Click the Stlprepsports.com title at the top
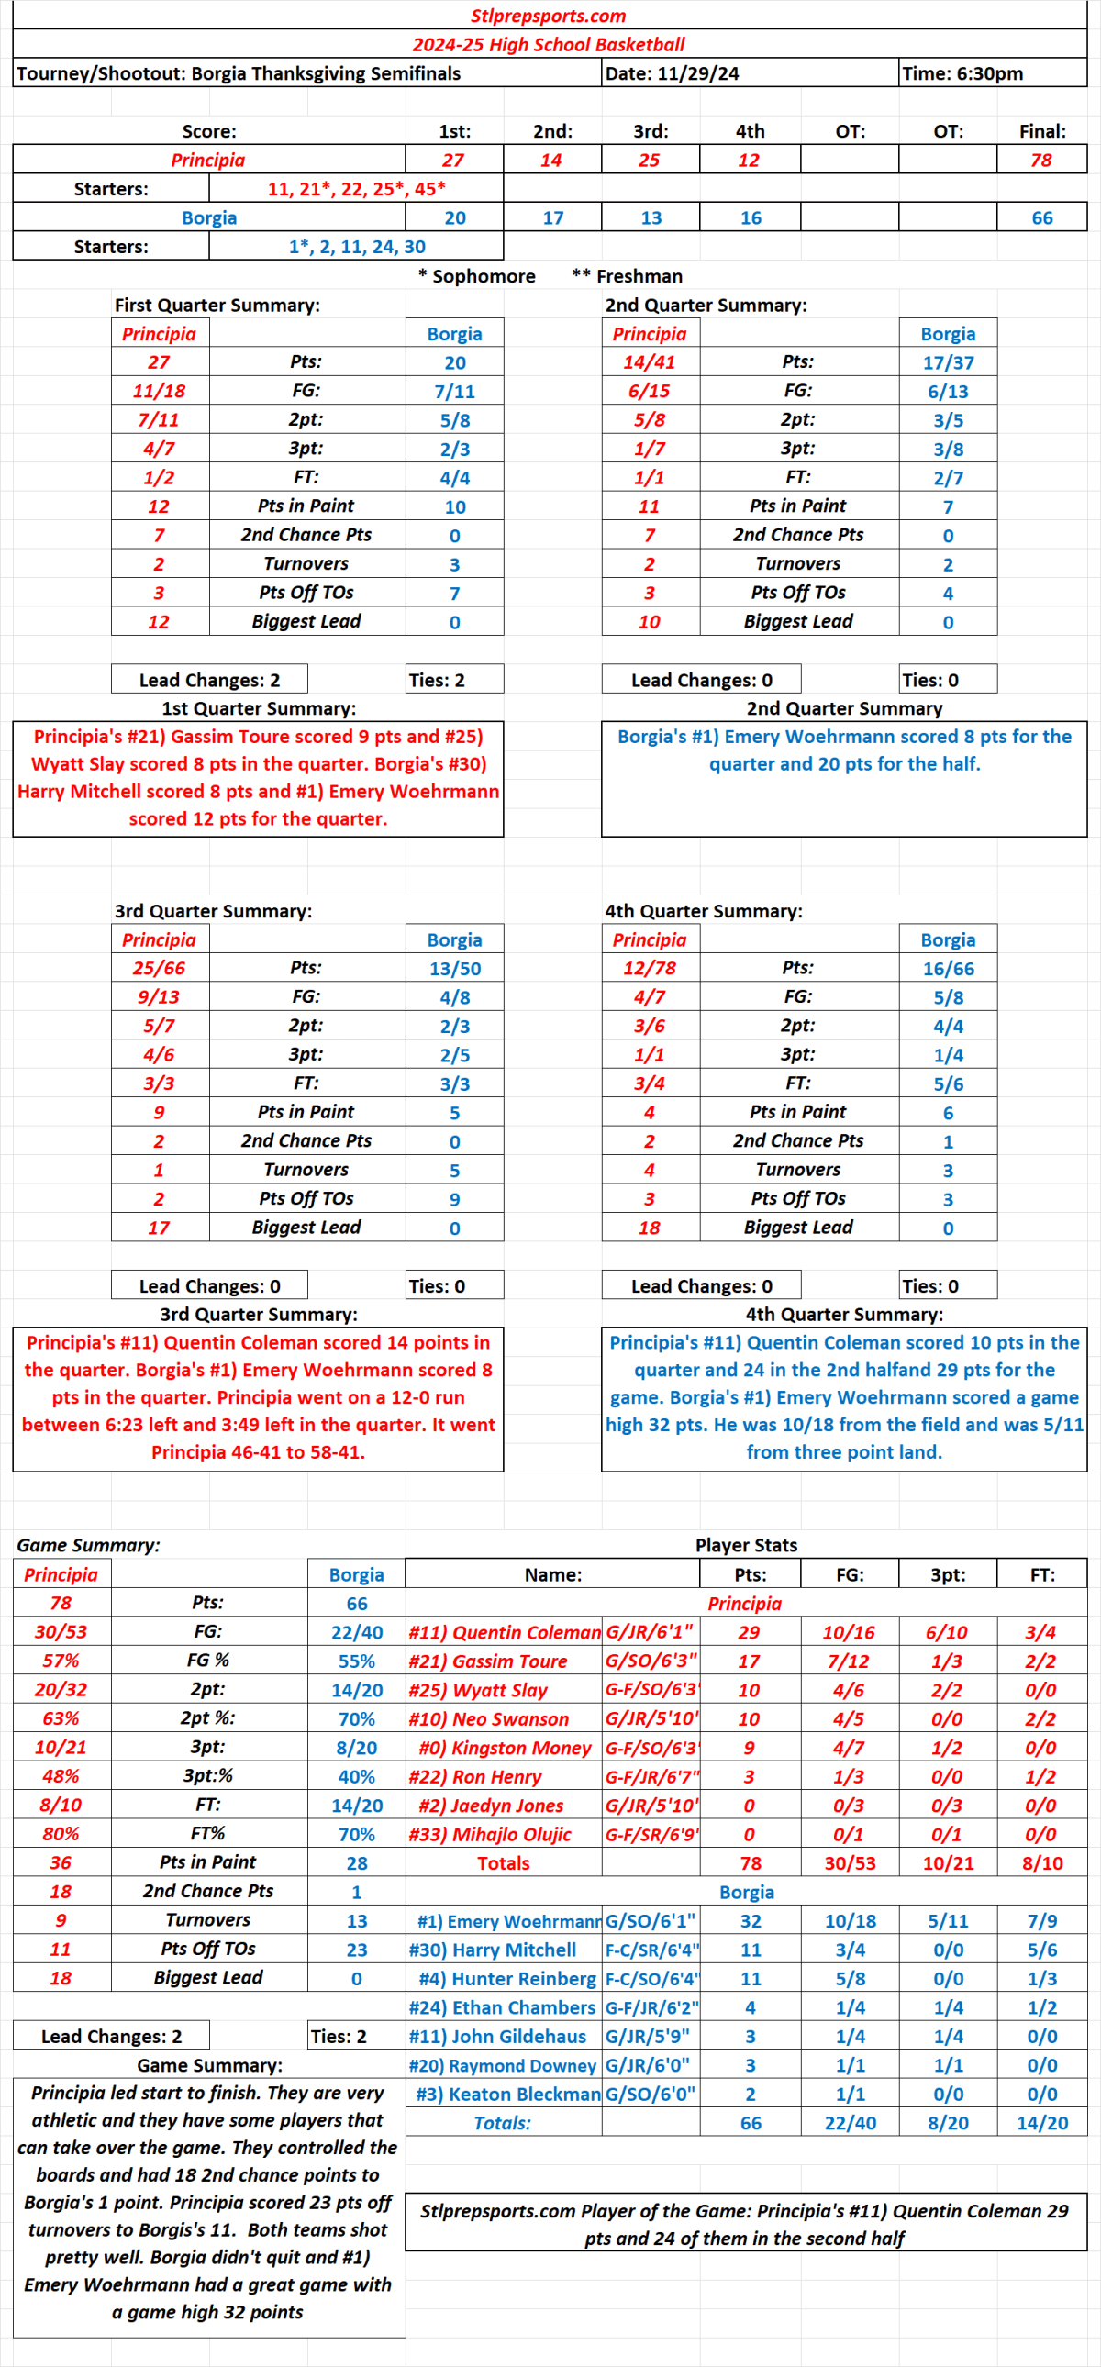coord(548,16)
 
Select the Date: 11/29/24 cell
coord(672,73)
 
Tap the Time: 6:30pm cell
coord(962,73)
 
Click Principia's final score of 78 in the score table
coord(1040,160)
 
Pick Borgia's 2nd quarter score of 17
coord(552,217)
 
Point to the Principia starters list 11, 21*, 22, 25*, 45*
coord(357,188)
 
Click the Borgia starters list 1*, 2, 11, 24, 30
coord(357,246)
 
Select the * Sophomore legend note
coord(476,275)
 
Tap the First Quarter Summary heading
coord(217,306)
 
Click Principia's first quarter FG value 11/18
coord(159,391)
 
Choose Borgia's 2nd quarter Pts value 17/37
coord(948,362)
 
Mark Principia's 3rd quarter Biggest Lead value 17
coord(159,1227)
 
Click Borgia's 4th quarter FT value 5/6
coord(948,1083)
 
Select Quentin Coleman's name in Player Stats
coord(504,1632)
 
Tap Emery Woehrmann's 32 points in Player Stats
coord(750,1920)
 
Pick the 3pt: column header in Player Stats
coord(948,1574)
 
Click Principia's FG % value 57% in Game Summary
coord(61,1661)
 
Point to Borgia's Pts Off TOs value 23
coord(357,1949)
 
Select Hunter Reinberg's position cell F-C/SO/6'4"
coord(651,1978)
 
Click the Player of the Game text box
coord(745,2224)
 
